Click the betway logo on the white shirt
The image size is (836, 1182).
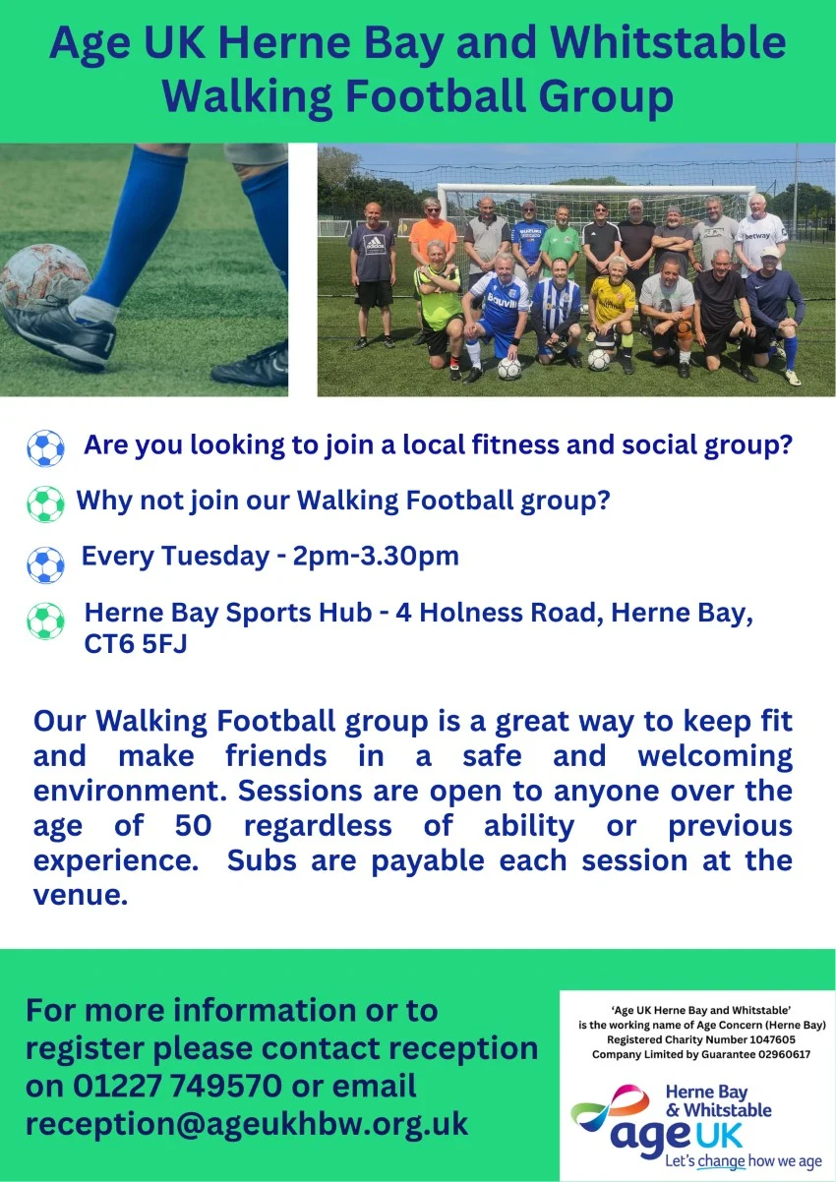757,236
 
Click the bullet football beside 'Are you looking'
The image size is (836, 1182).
45,448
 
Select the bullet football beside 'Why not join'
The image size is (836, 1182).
45,503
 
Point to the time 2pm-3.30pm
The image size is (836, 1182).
376,557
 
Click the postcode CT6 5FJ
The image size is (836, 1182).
136,644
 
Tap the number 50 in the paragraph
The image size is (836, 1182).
193,825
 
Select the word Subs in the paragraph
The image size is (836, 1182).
262,860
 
